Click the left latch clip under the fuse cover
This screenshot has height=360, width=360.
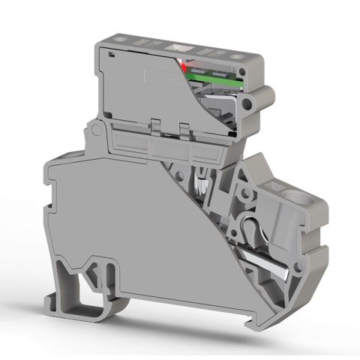[x=157, y=121]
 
